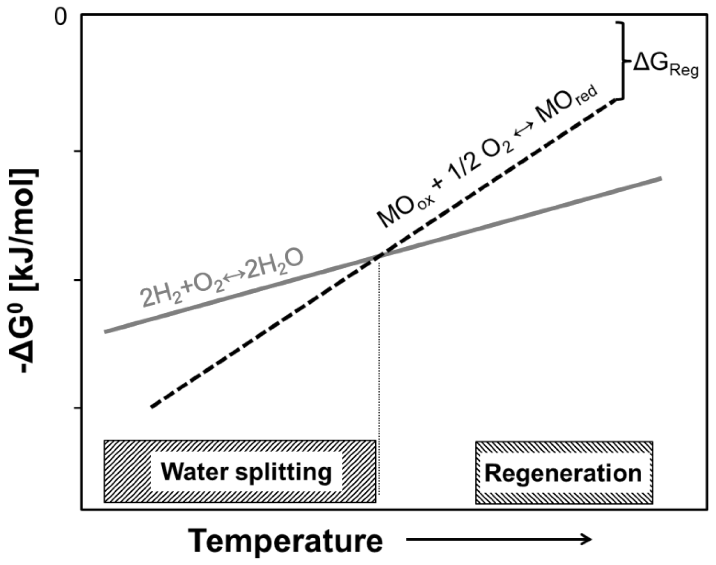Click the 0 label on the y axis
pyautogui.click(x=61, y=18)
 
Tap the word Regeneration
pyautogui.click(x=563, y=473)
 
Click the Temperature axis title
pyautogui.click(x=286, y=541)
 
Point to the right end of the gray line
pyautogui.click(x=660, y=178)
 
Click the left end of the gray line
pyautogui.click(x=105, y=332)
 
